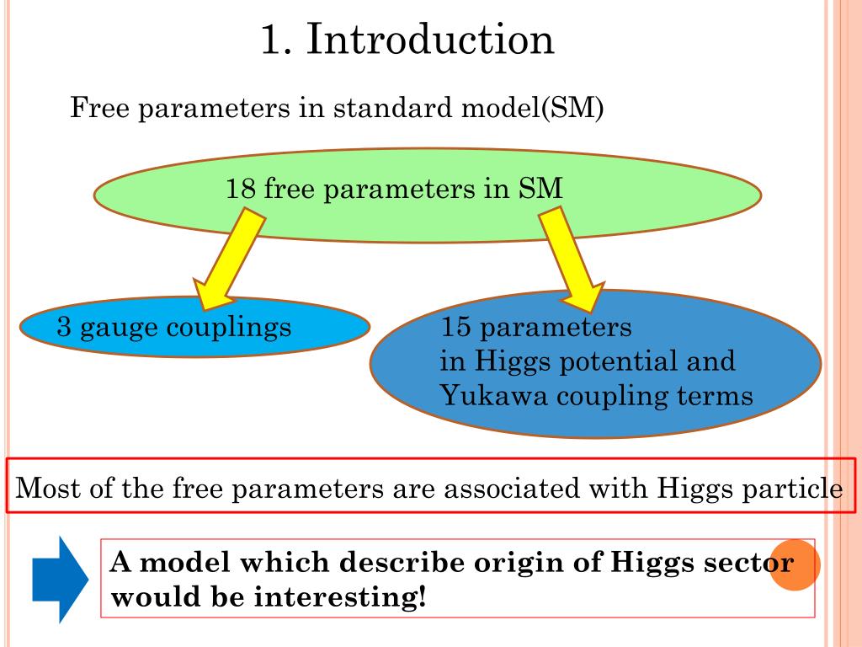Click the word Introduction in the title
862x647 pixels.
430,40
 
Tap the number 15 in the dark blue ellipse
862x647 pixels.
455,326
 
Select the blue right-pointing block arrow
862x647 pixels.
59,578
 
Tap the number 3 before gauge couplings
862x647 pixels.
63,326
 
